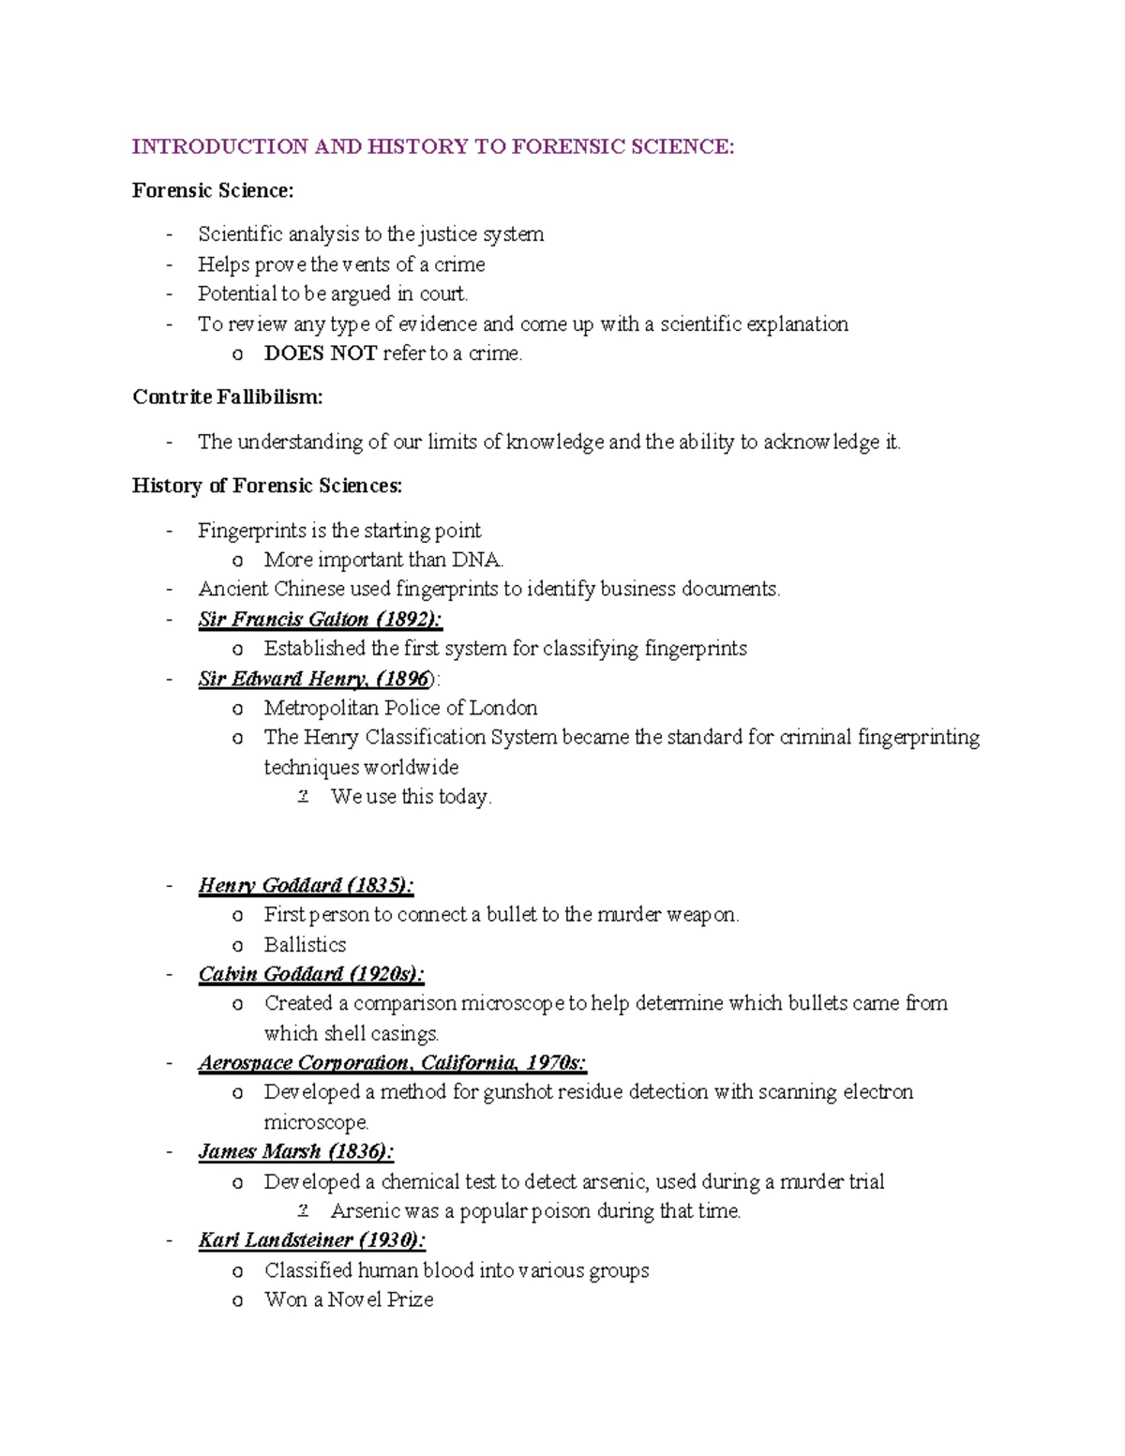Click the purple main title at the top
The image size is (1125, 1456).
point(433,146)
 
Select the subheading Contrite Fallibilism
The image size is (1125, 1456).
point(227,397)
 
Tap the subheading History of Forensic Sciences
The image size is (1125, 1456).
point(267,486)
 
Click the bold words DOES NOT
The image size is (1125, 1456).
point(321,353)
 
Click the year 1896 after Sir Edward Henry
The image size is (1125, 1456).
point(405,679)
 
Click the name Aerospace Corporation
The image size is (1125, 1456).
point(304,1062)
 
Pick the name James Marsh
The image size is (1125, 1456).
point(260,1151)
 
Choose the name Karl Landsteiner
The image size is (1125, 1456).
point(276,1240)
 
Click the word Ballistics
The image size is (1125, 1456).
point(305,944)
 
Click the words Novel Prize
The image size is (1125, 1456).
point(381,1299)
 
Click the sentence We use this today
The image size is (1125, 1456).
point(411,797)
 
